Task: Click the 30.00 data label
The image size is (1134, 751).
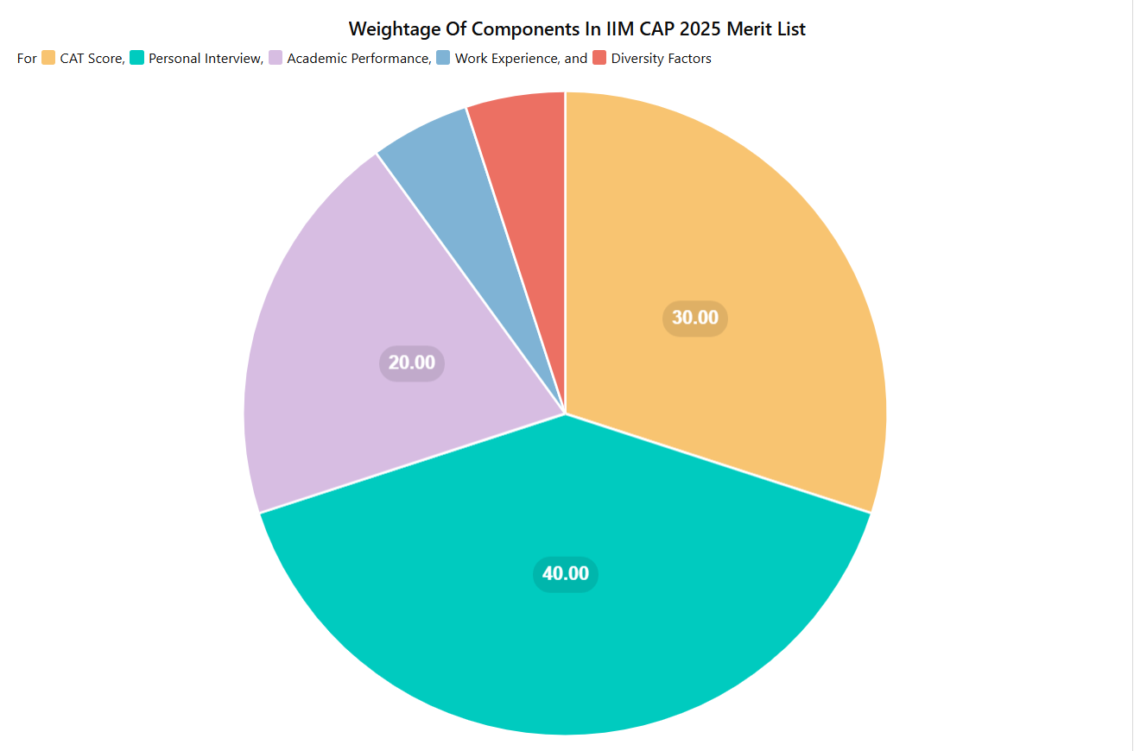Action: [x=695, y=318]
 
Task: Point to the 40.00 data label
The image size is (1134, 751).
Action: [x=566, y=574]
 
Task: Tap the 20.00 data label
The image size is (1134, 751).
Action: [x=412, y=363]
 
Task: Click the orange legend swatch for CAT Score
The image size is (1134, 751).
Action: [x=48, y=58]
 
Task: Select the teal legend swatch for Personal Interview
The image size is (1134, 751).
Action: [x=137, y=58]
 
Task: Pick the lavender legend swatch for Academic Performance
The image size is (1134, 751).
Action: [x=276, y=58]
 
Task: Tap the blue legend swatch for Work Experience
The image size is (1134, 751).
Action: [x=443, y=58]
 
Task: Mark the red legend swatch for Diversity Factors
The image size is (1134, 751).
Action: [x=599, y=58]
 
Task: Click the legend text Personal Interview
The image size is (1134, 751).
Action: [x=206, y=59]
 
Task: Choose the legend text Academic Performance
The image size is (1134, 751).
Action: [x=358, y=59]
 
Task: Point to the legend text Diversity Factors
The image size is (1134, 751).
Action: [x=662, y=59]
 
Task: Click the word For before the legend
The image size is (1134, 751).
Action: [x=27, y=59]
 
